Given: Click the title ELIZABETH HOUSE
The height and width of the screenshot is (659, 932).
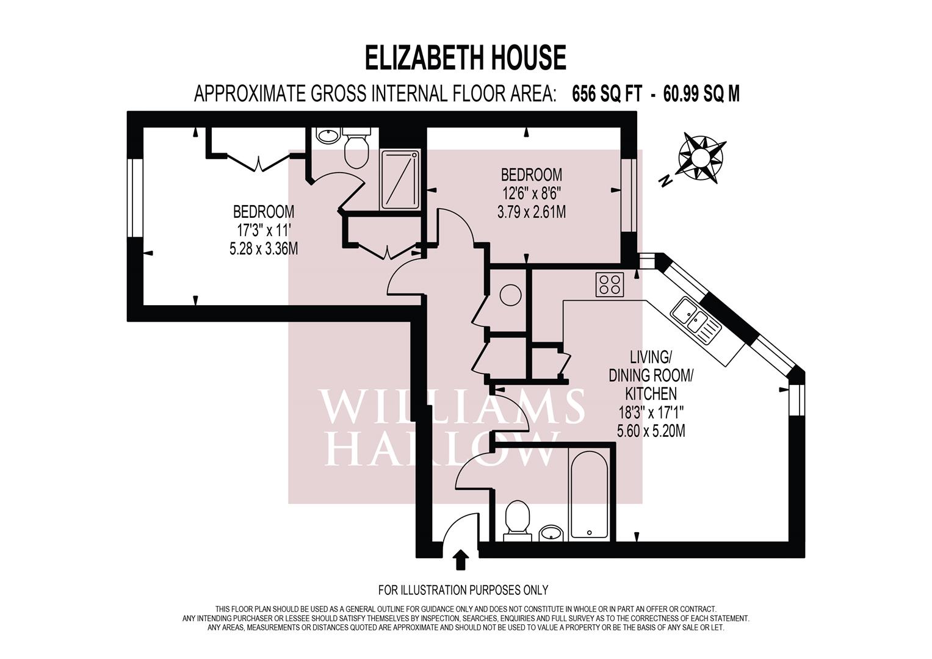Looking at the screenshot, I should coord(465,58).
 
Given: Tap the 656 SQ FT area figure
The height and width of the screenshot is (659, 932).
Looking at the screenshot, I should coord(607,94).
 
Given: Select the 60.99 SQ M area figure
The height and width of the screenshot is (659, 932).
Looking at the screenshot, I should coord(701,94).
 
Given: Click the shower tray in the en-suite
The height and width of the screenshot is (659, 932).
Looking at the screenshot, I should coord(400,180).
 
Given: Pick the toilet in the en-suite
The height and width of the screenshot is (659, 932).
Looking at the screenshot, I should coord(356,148).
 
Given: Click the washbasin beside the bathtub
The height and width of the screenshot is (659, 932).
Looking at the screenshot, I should coord(552,533).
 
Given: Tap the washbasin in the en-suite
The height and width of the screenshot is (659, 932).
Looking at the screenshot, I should coord(328,135).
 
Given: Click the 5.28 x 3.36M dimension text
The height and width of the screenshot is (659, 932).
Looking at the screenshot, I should coord(264,249).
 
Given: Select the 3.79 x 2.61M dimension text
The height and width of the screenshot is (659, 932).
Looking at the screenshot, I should coord(531,212).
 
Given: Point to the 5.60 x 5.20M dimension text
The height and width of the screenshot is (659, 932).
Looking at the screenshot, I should coord(651,431).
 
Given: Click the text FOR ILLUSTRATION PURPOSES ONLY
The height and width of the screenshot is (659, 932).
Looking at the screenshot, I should coord(463,590).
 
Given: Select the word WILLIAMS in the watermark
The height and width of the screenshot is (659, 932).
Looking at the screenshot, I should coord(452,406).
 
